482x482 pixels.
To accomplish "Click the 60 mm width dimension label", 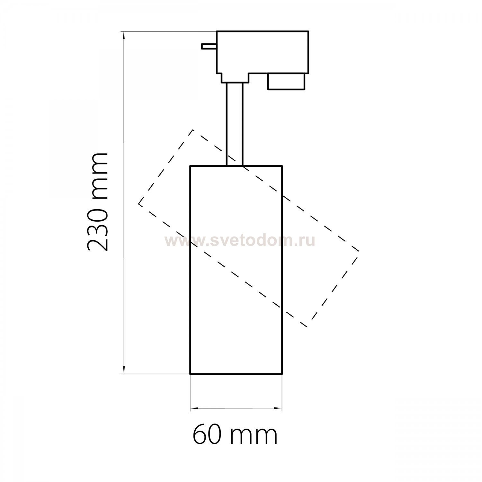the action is pos(235,434).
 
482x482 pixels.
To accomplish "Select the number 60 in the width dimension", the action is pos(206,434).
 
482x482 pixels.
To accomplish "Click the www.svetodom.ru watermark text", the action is pos(240,240).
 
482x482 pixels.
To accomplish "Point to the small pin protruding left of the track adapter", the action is pos(209,46).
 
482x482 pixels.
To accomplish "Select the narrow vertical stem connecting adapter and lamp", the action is pos(235,124).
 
